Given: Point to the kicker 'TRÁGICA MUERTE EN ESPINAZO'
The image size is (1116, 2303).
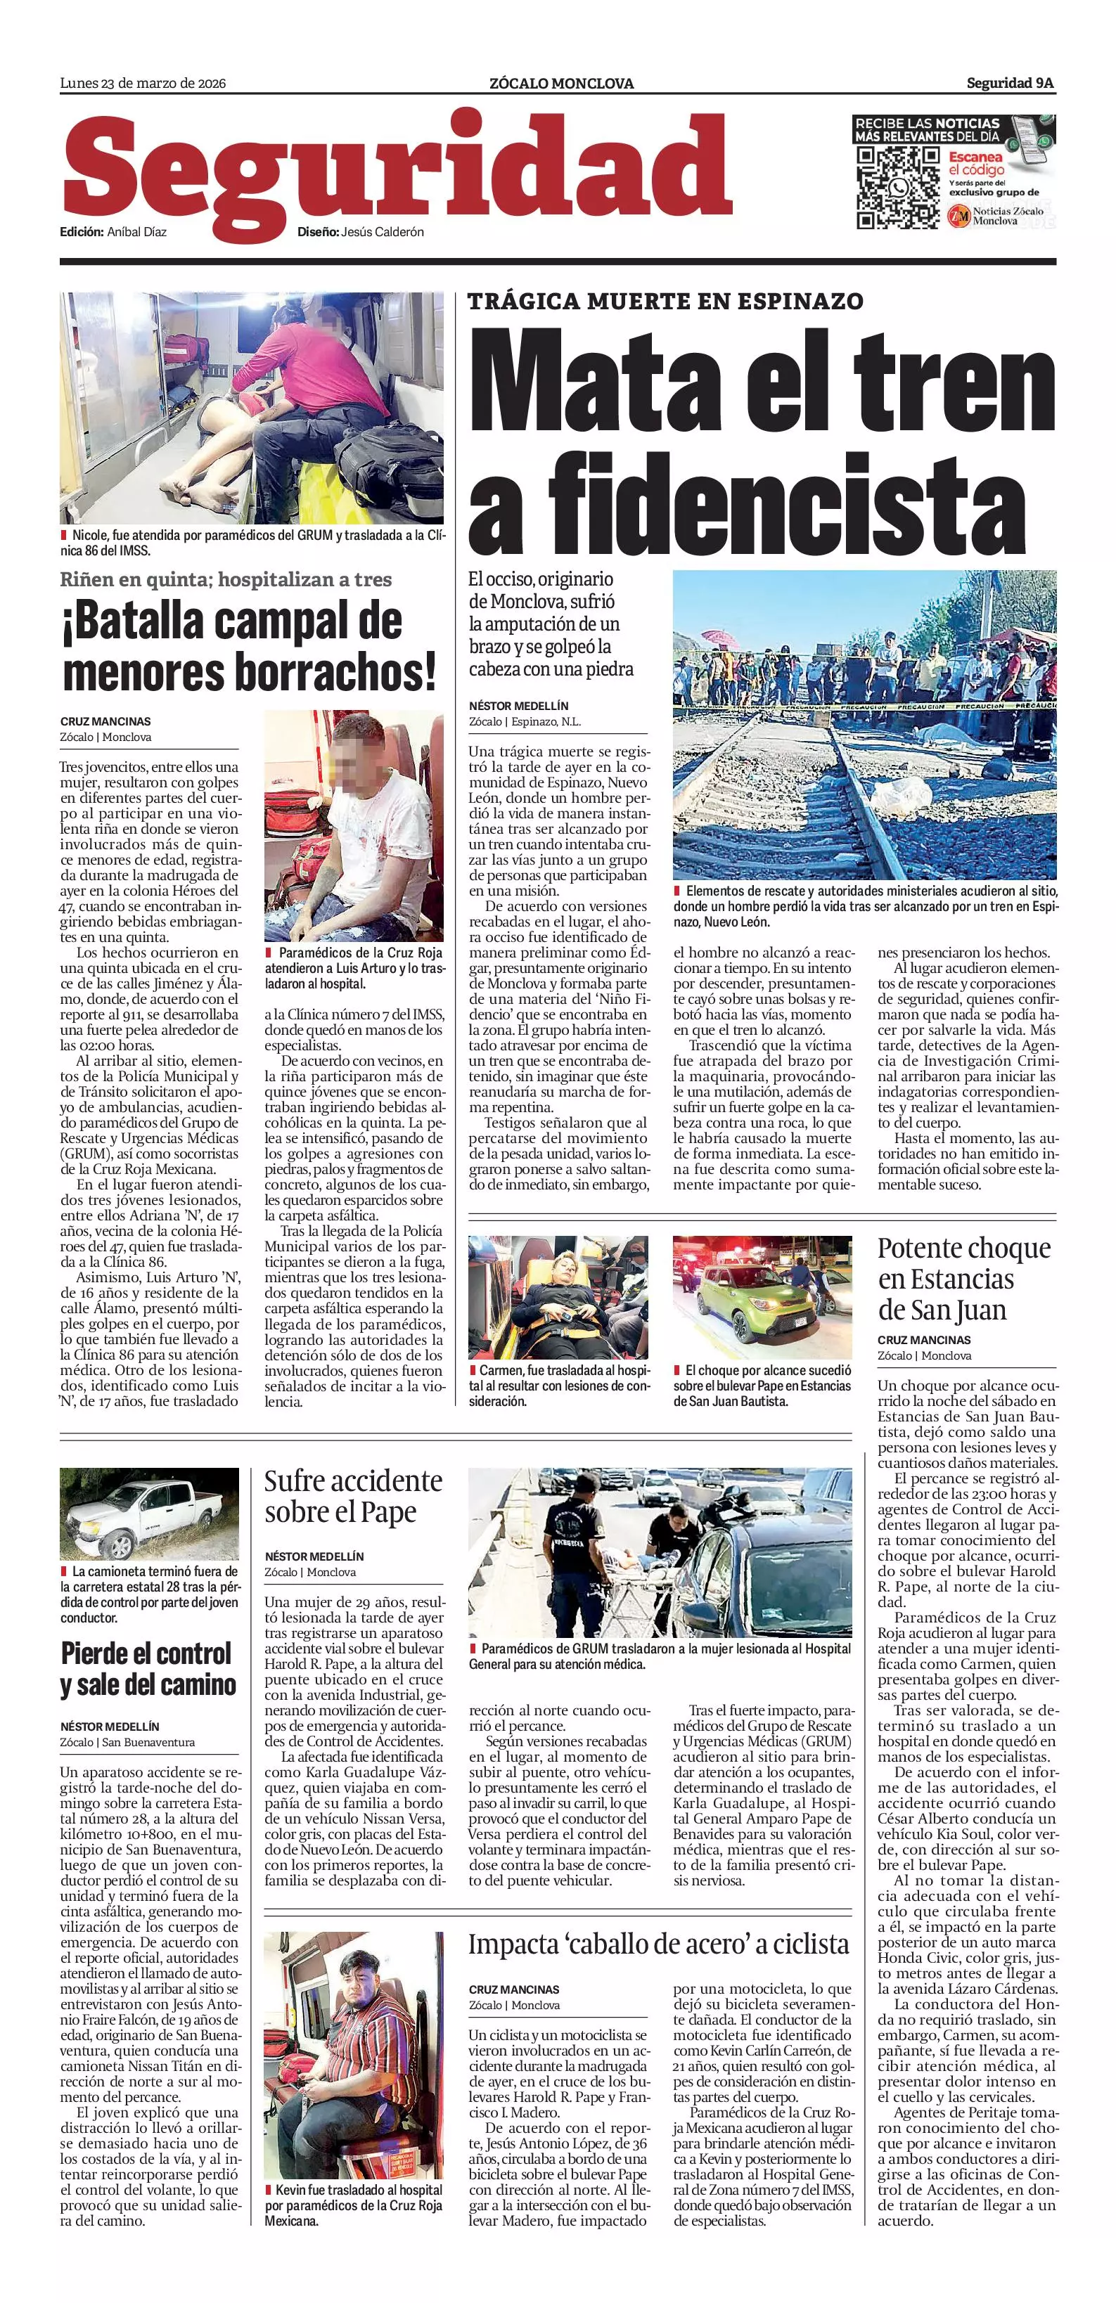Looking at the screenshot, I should pyautogui.click(x=665, y=302).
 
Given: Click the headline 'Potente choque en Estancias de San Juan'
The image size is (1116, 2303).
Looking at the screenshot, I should pyautogui.click(x=964, y=1279).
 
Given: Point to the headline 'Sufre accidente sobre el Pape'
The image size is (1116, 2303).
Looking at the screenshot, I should pyautogui.click(x=353, y=1497).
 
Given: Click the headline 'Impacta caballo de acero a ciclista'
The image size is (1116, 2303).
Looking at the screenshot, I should pyautogui.click(x=658, y=1944).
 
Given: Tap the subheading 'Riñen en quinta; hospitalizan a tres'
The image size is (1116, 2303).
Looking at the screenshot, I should pyautogui.click(x=226, y=579).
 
